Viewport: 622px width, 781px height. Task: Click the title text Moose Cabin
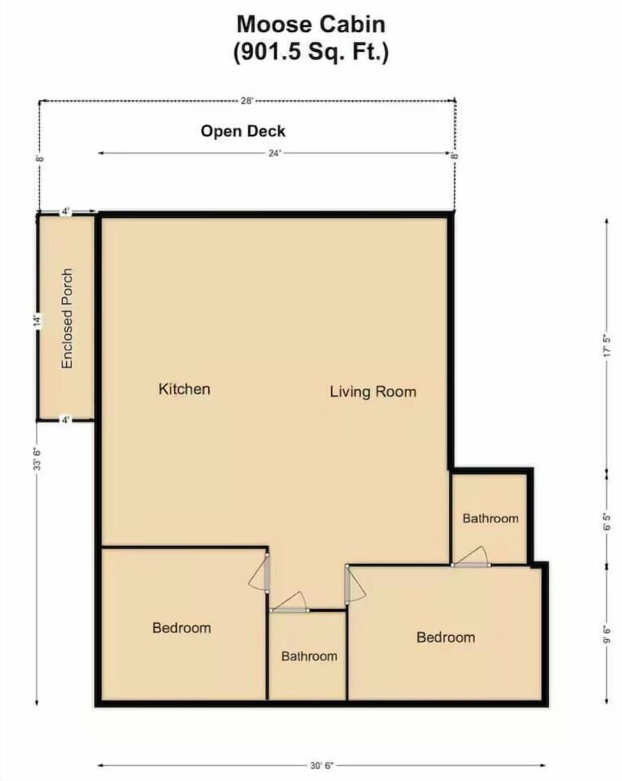click(310, 25)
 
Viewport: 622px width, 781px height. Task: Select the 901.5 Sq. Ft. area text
click(310, 53)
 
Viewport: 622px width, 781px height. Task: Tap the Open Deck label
click(243, 131)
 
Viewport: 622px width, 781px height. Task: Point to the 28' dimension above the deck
click(247, 101)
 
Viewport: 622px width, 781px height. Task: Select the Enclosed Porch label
click(67, 318)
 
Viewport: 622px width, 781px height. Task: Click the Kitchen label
click(184, 389)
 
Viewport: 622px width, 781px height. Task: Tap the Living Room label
click(373, 392)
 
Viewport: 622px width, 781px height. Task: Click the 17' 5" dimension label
click(606, 344)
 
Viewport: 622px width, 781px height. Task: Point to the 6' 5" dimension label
click(606, 522)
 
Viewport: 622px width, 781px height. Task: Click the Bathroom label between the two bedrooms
click(309, 656)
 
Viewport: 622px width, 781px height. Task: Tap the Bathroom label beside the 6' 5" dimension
click(490, 518)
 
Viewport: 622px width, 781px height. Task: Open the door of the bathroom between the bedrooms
click(289, 603)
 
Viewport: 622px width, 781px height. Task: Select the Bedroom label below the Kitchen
click(181, 628)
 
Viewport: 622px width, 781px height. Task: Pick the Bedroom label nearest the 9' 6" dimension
click(445, 638)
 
